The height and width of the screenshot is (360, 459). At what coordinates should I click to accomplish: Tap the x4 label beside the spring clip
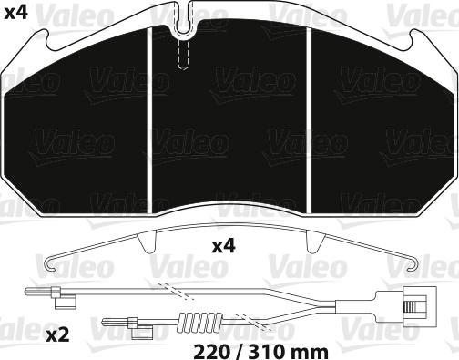click(x=224, y=246)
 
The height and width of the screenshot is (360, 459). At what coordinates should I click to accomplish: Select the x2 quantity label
click(x=58, y=334)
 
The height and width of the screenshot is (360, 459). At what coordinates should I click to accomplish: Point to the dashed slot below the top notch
click(x=183, y=55)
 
